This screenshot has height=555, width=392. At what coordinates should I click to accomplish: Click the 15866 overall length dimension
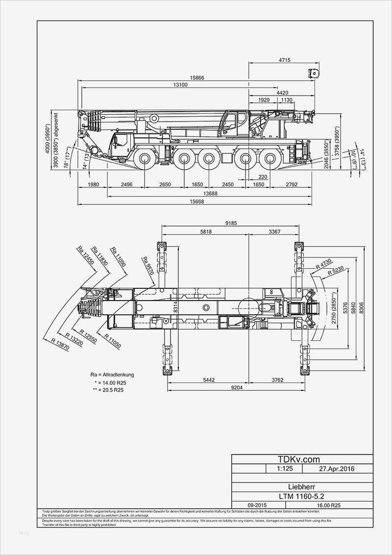pos(197,78)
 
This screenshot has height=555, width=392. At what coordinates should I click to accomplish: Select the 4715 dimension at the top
pos(284,60)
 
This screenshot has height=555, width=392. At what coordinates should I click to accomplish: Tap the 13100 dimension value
pos(180,85)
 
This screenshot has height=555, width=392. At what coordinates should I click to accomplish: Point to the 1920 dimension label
pos(264,100)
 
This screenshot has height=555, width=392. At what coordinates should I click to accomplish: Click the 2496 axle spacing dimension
pos(127,184)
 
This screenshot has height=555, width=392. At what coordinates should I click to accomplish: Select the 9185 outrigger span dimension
pos(231,223)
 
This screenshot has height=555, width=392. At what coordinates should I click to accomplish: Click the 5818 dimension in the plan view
pos(206,232)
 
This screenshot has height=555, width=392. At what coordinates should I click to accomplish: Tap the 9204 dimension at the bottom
pos(233,388)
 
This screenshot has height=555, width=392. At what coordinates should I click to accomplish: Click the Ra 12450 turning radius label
pos(86,256)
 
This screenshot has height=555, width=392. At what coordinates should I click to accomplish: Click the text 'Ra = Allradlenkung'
pos(112,375)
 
